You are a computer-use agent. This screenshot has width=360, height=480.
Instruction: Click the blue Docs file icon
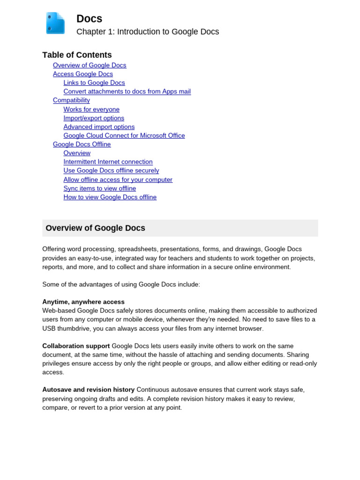tap(55, 23)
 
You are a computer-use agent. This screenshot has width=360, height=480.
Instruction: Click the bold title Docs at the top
tap(89, 19)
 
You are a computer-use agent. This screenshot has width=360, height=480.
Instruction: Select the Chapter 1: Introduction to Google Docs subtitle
tap(148, 32)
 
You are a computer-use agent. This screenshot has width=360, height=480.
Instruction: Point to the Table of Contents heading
tap(77, 55)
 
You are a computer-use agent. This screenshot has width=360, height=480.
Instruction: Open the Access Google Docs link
tap(83, 74)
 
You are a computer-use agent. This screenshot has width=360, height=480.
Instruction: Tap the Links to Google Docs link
tap(94, 83)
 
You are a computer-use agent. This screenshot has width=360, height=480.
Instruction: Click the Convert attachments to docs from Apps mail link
tap(127, 91)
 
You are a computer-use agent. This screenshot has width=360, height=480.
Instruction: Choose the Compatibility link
tap(71, 100)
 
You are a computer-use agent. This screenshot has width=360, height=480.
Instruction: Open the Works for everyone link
tap(91, 109)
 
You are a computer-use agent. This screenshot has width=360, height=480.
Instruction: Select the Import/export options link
tap(94, 118)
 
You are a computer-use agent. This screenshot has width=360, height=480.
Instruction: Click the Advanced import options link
tap(99, 127)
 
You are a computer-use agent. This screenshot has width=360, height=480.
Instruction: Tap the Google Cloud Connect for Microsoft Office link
tap(124, 135)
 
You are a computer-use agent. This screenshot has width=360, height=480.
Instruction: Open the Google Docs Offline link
tap(82, 144)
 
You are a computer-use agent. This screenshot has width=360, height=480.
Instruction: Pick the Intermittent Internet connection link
tap(108, 162)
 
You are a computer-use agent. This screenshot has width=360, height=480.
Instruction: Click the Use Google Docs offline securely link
tap(111, 171)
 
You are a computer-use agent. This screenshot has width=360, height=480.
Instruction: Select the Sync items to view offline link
tap(100, 188)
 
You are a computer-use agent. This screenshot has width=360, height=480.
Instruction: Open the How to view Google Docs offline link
tap(110, 197)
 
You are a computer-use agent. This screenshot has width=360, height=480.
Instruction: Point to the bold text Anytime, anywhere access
tap(83, 302)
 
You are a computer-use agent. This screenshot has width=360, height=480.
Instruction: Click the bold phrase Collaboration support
tap(76, 346)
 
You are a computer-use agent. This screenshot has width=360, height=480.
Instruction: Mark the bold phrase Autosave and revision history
tap(88, 390)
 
